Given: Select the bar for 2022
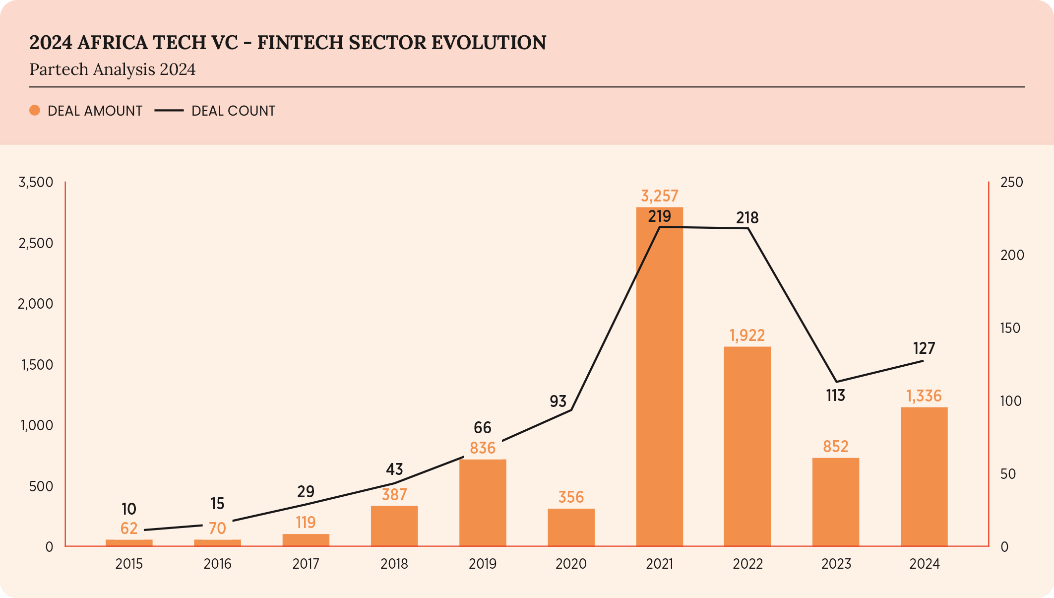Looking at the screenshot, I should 747,447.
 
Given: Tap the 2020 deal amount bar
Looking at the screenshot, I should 571,527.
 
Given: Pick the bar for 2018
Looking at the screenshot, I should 394,526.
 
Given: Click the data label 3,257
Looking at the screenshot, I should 659,196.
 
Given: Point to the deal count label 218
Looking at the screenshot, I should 747,218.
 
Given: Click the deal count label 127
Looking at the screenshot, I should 924,348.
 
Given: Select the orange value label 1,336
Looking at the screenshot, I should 924,396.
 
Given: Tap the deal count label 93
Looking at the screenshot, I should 558,401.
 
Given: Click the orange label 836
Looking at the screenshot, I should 483,448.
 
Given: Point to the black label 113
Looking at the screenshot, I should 835,396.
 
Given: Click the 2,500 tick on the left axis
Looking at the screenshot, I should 36,243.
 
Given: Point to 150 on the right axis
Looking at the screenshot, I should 1010,328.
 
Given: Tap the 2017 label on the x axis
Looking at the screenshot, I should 306,564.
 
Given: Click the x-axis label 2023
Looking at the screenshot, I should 836,564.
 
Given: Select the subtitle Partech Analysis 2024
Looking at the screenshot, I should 113,69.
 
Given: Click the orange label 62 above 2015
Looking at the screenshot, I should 129,529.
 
